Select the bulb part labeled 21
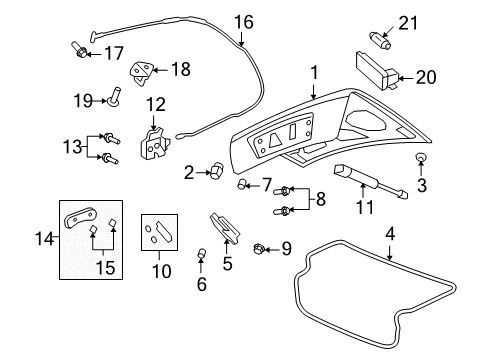click(x=380, y=40)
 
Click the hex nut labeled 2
click(x=214, y=173)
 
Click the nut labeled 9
click(x=260, y=247)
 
